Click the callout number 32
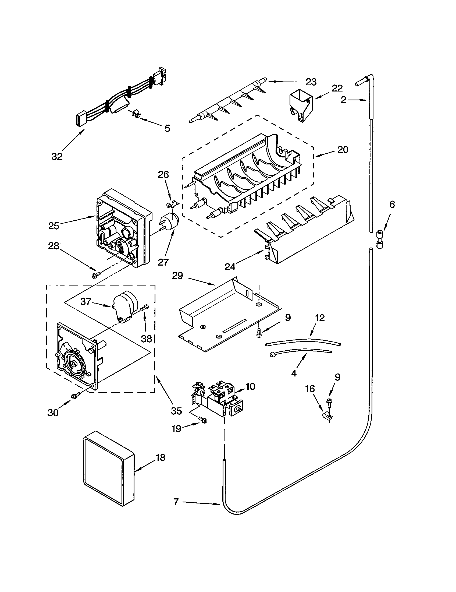point(57,156)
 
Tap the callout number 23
point(311,82)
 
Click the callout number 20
point(343,150)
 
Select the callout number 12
point(320,318)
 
